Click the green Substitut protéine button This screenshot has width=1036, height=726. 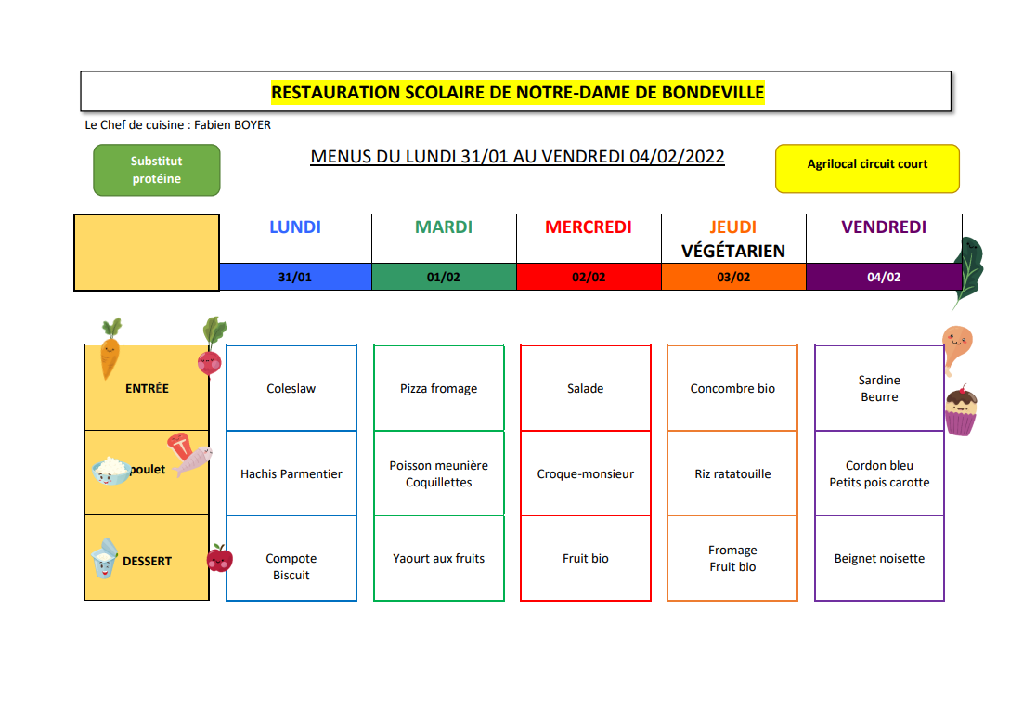[157, 170]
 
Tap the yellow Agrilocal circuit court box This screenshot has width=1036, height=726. [867, 168]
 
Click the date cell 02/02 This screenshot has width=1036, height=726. [589, 277]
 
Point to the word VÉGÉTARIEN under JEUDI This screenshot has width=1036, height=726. [733, 251]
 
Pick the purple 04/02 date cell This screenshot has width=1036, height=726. [884, 277]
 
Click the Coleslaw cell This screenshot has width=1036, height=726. [291, 388]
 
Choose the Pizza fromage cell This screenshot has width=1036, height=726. [439, 388]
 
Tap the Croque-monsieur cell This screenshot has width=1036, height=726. [586, 473]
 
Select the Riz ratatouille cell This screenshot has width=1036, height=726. [732, 473]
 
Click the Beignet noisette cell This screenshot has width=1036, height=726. [879, 558]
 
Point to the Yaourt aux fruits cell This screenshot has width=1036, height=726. [439, 558]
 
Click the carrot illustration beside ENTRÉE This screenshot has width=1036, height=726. [110, 348]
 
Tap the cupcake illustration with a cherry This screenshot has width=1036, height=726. [962, 410]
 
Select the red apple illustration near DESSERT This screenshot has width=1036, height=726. [219, 558]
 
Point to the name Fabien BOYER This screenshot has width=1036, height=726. [233, 124]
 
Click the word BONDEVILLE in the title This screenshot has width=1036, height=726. [712, 93]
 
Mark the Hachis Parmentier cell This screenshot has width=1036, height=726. [291, 473]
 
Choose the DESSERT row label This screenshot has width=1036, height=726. [148, 561]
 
